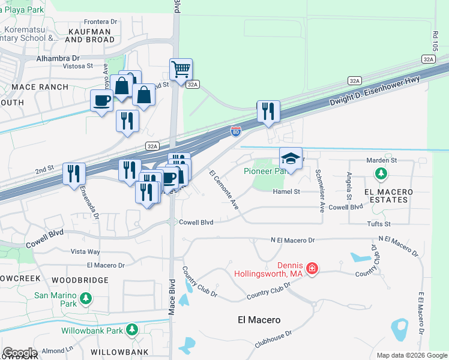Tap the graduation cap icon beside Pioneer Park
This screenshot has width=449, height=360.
(x=291, y=159)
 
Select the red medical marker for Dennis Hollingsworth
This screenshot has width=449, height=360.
(x=312, y=268)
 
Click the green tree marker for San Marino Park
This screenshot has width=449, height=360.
(x=86, y=298)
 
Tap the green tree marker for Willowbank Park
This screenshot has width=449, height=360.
(x=131, y=330)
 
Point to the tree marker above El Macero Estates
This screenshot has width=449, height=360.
(x=380, y=174)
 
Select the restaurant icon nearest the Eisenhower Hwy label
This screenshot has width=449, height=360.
(x=268, y=112)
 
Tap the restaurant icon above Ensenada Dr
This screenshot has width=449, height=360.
(x=74, y=174)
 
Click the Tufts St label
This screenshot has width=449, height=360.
(x=378, y=224)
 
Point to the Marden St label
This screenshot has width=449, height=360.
(x=382, y=160)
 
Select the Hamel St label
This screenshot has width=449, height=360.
(x=286, y=191)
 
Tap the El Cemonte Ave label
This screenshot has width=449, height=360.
(x=224, y=190)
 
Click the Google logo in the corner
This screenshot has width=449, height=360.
(x=20, y=353)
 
